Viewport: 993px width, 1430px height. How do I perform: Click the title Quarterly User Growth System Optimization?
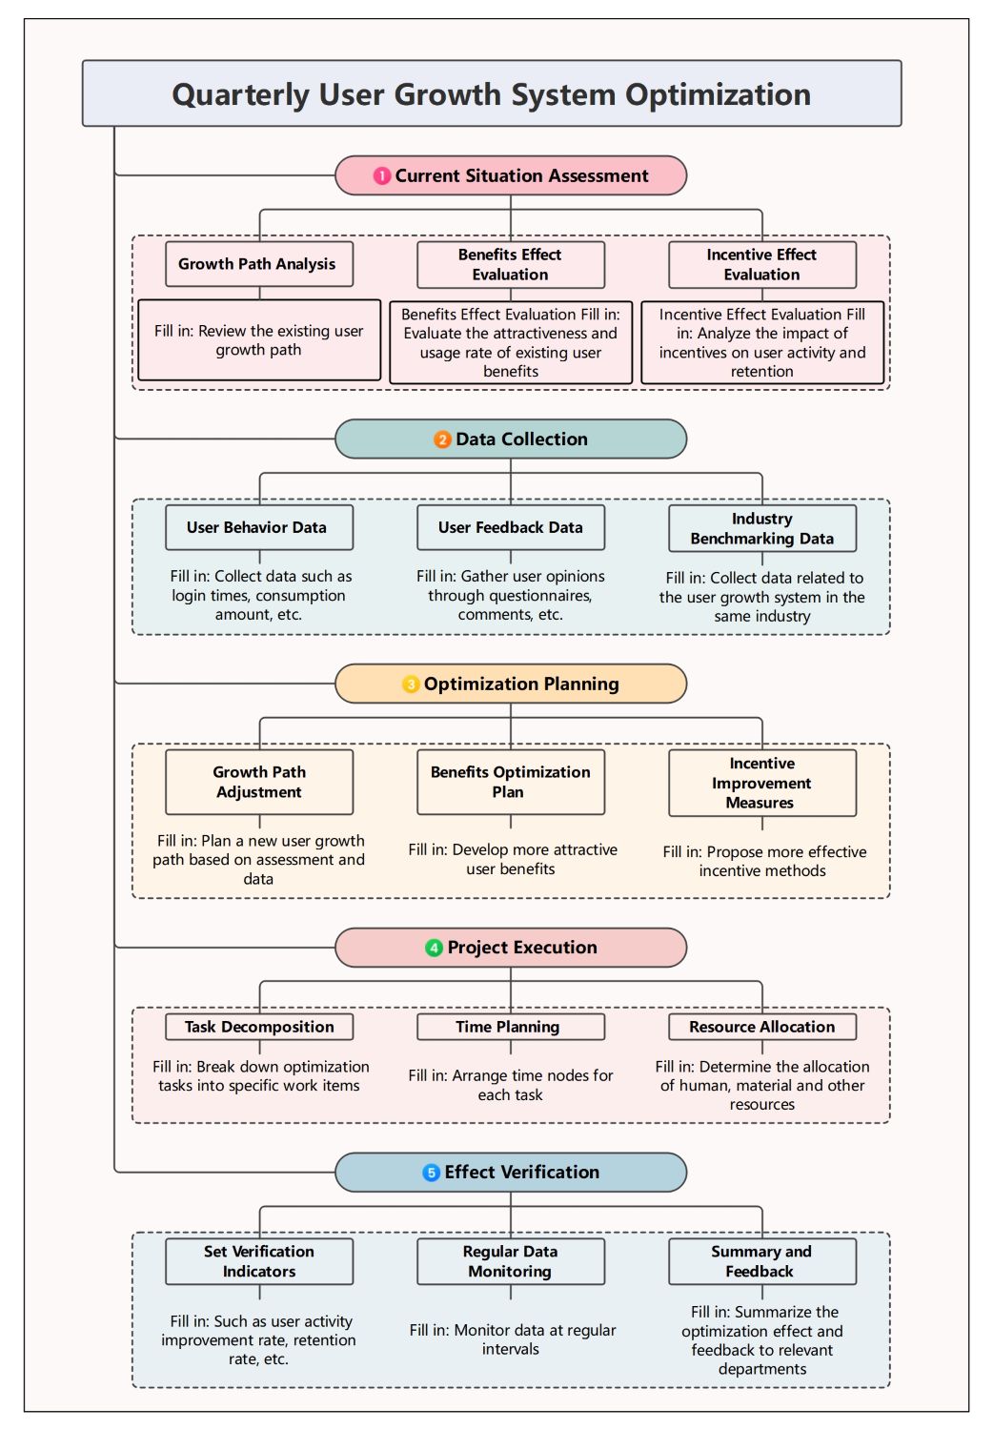click(x=491, y=94)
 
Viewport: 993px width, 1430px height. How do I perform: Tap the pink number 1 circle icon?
click(x=382, y=176)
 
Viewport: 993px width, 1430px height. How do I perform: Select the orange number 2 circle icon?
click(x=442, y=439)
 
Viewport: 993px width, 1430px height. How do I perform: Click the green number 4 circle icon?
click(x=435, y=948)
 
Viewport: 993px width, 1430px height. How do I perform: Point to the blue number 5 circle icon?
click(x=431, y=1173)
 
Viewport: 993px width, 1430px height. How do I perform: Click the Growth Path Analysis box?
click(x=258, y=264)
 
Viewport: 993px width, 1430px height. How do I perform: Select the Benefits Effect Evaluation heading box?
click(x=511, y=265)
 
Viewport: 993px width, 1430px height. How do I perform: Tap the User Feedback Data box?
click(x=511, y=527)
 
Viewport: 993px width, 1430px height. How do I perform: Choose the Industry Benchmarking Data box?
click(x=762, y=528)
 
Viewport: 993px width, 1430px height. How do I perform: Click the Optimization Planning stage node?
click(x=511, y=684)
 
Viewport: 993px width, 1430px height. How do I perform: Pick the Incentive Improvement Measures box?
click(x=762, y=783)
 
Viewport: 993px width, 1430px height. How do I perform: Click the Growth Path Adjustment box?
click(x=258, y=782)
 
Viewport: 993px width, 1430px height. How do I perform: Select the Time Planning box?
click(x=511, y=1027)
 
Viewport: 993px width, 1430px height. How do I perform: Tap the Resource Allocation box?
click(x=762, y=1027)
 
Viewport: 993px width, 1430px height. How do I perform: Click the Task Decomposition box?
click(x=258, y=1027)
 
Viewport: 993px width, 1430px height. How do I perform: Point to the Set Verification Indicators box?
click(x=258, y=1261)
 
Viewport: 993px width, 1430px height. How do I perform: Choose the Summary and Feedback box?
click(x=762, y=1261)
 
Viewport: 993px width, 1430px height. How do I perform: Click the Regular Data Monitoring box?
click(x=511, y=1261)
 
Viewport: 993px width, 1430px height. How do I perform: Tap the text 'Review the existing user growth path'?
click(x=259, y=340)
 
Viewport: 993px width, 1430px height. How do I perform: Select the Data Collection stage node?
click(x=511, y=439)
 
